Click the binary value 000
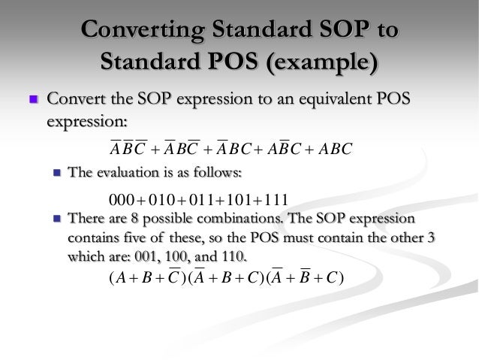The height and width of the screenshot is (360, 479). [121, 200]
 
